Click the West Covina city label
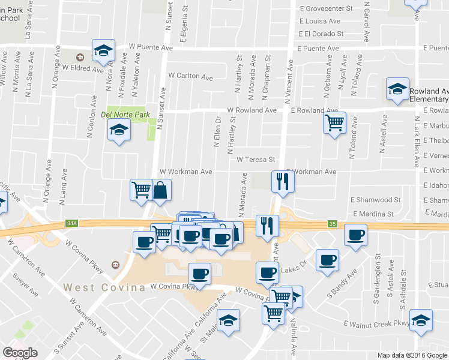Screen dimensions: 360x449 click(x=104, y=287)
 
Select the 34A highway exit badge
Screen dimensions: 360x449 click(x=72, y=224)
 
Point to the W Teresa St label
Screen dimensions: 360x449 click(x=255, y=160)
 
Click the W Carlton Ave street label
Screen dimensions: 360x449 click(x=190, y=77)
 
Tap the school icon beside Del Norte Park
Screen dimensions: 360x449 click(x=119, y=129)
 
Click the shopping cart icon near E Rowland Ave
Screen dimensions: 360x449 click(x=334, y=123)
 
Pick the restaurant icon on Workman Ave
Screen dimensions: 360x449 click(x=282, y=181)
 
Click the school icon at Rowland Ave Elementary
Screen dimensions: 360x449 click(x=397, y=90)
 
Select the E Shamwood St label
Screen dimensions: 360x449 click(x=375, y=200)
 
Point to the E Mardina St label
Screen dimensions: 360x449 click(x=373, y=214)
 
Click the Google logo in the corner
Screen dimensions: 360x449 click(x=20, y=352)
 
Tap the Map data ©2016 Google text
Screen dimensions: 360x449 click(x=412, y=355)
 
